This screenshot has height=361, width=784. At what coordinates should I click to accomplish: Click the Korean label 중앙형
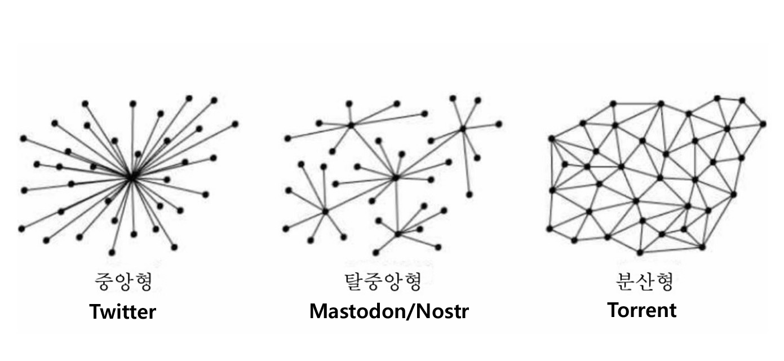click(122, 281)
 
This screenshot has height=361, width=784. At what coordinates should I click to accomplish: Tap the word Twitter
click(122, 311)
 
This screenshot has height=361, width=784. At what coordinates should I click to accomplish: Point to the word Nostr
click(445, 311)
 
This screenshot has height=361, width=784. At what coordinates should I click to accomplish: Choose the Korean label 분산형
click(643, 281)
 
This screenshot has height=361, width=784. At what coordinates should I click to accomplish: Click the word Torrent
click(642, 310)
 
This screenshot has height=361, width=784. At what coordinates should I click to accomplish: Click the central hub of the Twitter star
click(131, 177)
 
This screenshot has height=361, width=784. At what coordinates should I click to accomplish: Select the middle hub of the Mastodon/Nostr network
click(396, 177)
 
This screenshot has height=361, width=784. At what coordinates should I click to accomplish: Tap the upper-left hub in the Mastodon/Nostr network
click(351, 125)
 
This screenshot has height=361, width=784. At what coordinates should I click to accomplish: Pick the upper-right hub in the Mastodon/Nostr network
click(462, 129)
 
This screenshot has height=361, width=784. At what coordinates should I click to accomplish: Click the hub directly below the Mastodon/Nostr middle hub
click(397, 233)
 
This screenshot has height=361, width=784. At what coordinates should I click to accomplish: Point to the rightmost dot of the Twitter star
click(235, 124)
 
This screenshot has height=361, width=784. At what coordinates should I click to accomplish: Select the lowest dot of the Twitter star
click(112, 252)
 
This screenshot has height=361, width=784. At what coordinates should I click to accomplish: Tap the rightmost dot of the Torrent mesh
click(763, 124)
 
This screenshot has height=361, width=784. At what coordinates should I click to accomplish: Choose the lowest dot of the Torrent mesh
click(640, 252)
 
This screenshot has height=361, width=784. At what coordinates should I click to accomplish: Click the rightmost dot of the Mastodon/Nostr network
click(499, 124)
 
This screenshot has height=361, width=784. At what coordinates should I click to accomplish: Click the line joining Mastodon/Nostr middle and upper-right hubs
click(429, 153)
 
